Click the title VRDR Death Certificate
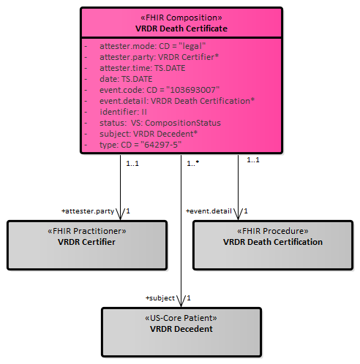[x=181, y=29]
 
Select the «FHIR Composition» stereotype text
[x=181, y=18]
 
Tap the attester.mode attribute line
[x=153, y=46]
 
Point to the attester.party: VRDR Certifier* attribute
[x=159, y=57]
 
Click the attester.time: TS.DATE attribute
[x=143, y=68]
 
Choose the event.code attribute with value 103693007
[x=160, y=90]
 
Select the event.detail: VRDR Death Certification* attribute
[x=177, y=101]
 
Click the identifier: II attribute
[x=123, y=112]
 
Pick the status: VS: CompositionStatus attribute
[x=160, y=123]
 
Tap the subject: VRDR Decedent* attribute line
[x=149, y=134]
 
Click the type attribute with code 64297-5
[x=140, y=145]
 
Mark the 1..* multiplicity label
[x=193, y=163]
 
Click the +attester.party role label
[x=88, y=211]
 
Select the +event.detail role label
[x=209, y=211]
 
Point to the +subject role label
[x=160, y=298]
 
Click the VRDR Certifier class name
[x=86, y=242]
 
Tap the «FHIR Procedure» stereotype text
[x=273, y=231]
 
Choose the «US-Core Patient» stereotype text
[x=181, y=318]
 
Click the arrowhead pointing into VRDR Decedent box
[x=181, y=302]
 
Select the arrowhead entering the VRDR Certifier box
[x=120, y=215]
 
